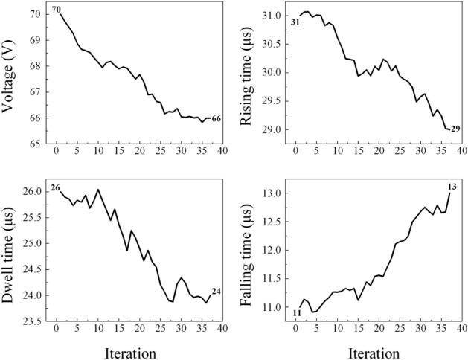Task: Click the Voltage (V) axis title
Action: [10, 77]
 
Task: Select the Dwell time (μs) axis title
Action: [10, 254]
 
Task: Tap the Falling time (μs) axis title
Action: [249, 254]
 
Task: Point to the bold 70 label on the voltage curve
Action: [57, 10]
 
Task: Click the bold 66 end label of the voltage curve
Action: [216, 118]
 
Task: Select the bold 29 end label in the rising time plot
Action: [455, 129]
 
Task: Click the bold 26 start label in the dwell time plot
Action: [54, 188]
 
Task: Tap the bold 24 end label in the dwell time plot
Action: [216, 291]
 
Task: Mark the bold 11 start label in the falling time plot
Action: [296, 313]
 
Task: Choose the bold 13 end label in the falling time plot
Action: [452, 186]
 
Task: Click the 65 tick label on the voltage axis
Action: [35, 144]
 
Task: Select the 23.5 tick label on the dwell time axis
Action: [32, 321]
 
